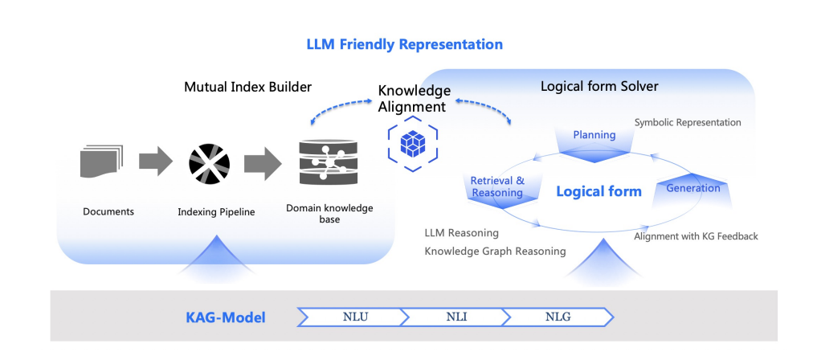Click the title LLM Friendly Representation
coord(404,44)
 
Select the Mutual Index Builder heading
coord(247,87)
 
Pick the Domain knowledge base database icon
coord(325,162)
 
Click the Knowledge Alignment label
coord(414,99)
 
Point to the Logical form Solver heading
coord(599,87)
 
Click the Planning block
coord(594,137)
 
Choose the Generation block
coord(692,189)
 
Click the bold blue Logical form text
coord(599,191)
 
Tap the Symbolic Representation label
coord(688,123)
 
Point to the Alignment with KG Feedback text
coord(696,236)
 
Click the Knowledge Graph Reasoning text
coord(495,251)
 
